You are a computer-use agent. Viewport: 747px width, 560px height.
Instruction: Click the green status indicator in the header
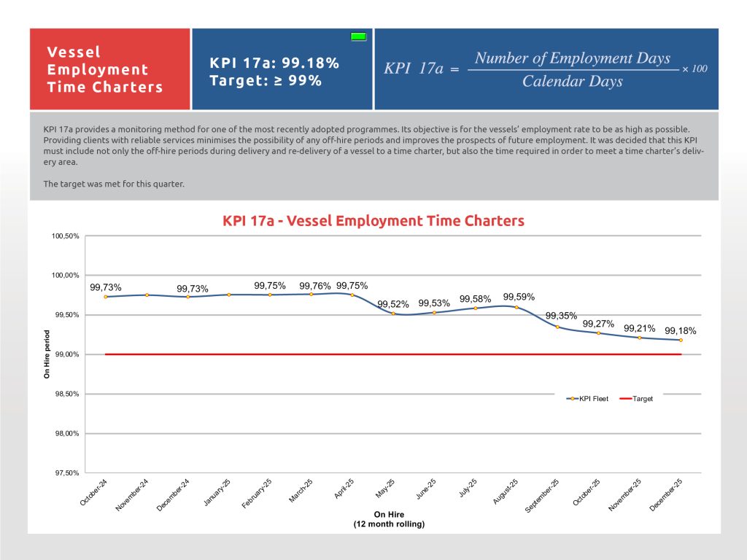358,36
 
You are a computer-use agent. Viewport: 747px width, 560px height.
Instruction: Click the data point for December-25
681,340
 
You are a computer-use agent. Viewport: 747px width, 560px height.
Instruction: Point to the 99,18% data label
681,330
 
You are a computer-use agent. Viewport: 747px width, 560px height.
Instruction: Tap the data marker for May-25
393,314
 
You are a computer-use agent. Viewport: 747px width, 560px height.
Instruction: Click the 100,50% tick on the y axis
66,236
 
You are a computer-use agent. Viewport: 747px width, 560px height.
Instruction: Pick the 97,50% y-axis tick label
66,472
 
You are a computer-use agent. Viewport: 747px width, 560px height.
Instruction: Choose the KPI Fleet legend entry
589,399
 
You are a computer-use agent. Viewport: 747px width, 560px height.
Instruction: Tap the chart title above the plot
373,221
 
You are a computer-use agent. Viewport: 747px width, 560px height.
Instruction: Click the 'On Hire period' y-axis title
47,354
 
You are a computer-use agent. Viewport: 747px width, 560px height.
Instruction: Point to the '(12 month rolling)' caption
389,524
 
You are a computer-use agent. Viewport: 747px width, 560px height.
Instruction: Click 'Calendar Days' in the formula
573,81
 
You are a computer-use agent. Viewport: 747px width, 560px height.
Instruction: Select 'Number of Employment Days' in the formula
573,58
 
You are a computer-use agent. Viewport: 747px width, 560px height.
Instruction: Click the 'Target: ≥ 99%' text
266,80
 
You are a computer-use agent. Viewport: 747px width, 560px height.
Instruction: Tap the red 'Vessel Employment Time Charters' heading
105,69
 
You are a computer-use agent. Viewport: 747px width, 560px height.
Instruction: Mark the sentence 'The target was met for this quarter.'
114,184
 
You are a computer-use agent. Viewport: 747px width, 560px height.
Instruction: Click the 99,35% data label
562,316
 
